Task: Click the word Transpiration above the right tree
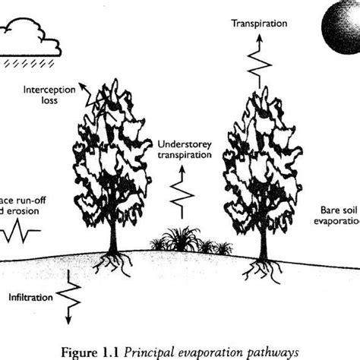tap(260, 24)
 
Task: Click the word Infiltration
tap(31, 295)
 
